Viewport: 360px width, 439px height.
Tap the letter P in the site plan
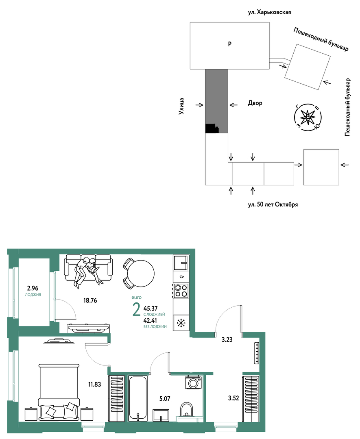230,44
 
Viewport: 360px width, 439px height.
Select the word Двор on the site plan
255,103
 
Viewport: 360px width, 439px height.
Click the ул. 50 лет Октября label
273,204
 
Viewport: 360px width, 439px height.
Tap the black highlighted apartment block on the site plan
212,128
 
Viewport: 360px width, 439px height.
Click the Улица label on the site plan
181,106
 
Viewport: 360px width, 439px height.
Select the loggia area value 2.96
33,288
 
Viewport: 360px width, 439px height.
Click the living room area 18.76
90,300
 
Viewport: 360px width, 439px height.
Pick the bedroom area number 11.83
95,385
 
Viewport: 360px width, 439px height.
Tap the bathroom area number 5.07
165,398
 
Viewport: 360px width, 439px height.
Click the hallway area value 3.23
227,339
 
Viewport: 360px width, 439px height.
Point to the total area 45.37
151,308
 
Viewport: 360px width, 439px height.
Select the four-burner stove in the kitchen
181,290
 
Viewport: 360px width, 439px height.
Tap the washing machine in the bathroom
193,382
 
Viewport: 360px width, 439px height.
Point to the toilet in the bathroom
186,410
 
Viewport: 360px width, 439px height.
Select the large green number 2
136,309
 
